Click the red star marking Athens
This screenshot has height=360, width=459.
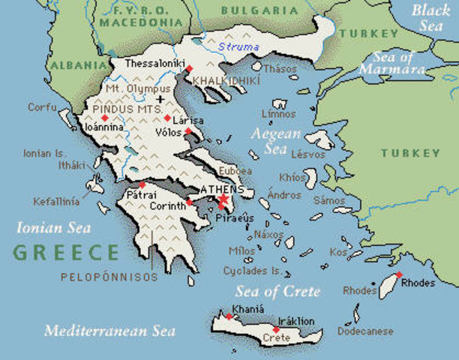[x=221, y=202]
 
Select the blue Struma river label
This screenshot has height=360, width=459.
[x=237, y=47]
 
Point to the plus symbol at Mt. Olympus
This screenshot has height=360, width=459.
[x=160, y=99]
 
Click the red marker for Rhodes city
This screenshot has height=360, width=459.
[x=399, y=274]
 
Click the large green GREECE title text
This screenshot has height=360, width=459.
[x=66, y=252]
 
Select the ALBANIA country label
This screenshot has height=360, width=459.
[x=74, y=65]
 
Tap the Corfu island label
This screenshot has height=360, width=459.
[x=42, y=107]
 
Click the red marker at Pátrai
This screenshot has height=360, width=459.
[x=142, y=185]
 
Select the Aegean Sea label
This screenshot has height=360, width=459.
[x=277, y=139]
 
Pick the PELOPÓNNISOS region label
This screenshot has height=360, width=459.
[x=110, y=277]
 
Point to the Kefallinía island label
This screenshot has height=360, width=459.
[x=55, y=201]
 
